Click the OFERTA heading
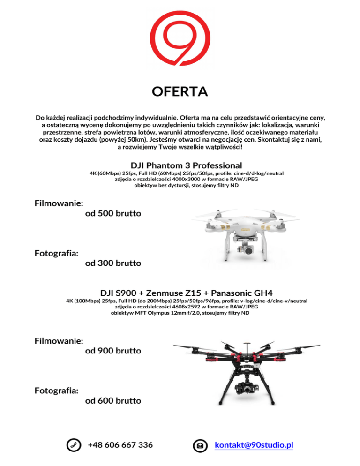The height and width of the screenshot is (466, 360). [180, 91]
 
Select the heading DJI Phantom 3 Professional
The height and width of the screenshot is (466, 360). [187, 165]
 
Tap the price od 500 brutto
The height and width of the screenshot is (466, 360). [113, 214]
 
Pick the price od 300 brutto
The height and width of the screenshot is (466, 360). [113, 263]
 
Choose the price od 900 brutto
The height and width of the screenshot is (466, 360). [113, 351]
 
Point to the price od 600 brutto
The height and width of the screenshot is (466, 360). [113, 401]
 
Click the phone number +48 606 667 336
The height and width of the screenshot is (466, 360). [120, 444]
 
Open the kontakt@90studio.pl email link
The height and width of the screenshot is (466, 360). [254, 444]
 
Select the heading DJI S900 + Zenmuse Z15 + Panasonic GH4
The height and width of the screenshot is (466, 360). [187, 293]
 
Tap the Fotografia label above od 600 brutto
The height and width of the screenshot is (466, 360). [56, 390]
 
